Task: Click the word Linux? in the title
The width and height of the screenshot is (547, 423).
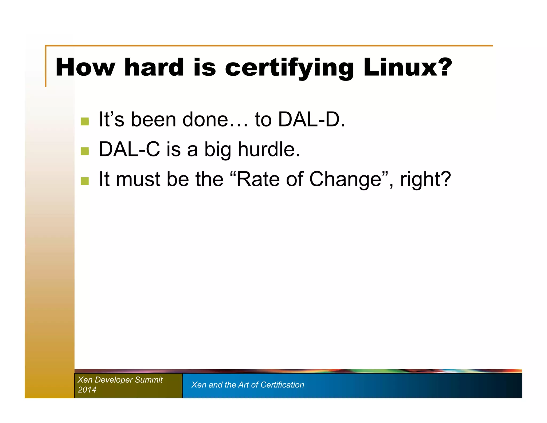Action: coord(407,67)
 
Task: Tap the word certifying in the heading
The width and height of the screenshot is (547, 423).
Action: coord(289,68)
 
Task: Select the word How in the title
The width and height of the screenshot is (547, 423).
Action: coord(85,67)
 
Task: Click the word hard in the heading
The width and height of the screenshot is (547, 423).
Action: coord(154,67)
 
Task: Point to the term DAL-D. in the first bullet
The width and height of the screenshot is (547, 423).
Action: coord(311,119)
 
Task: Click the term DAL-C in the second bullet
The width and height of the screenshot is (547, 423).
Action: coord(129,149)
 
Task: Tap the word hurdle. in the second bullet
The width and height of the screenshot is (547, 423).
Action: coord(269,149)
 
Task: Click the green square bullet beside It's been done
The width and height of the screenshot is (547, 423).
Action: coord(85,121)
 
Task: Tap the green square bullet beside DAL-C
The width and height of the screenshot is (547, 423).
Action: coord(85,151)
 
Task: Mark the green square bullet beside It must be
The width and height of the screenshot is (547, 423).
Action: coord(85,181)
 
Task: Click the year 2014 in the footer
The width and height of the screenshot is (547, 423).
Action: coord(87,390)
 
